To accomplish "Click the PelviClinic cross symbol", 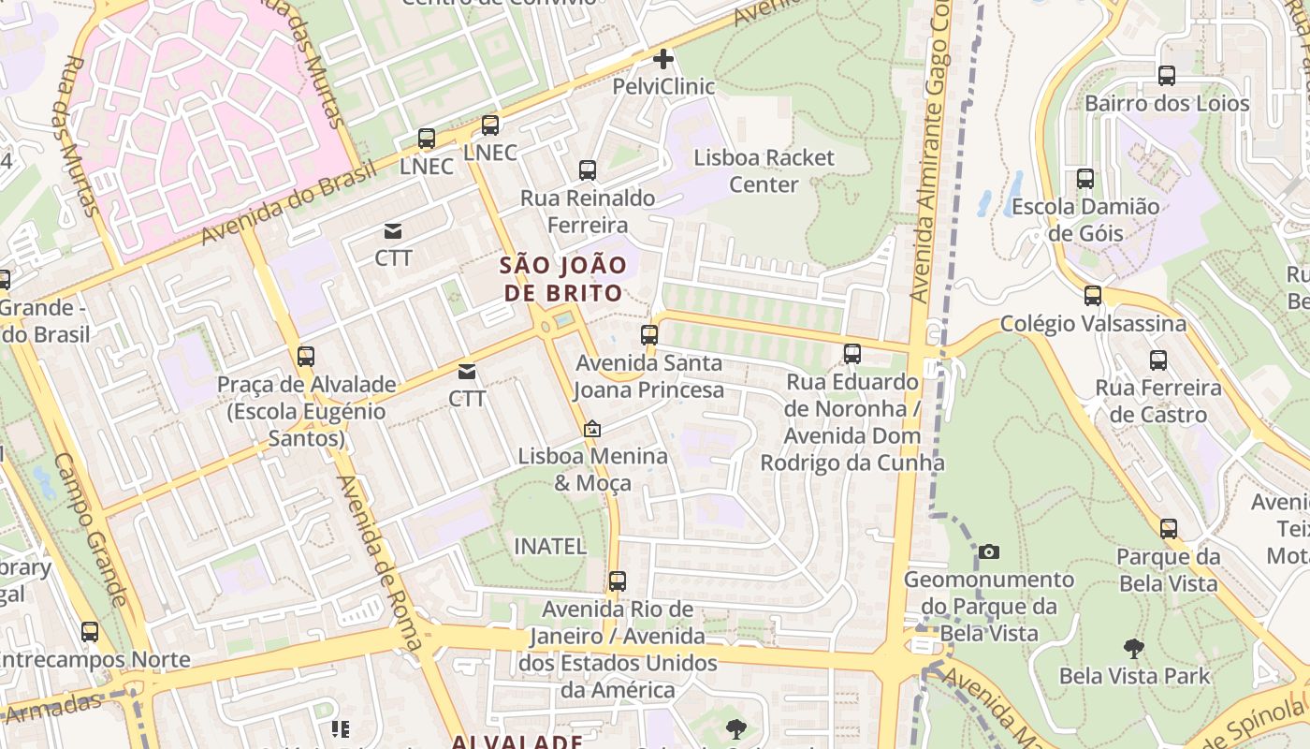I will tap(662, 60).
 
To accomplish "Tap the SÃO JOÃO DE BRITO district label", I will tap(562, 279).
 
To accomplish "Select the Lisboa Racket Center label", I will tap(764, 170).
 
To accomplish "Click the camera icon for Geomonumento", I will tap(989, 551).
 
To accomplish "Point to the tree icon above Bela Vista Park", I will tap(1134, 648).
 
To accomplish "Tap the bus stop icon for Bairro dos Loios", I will tap(1167, 76).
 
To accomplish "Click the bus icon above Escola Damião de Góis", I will tap(1085, 178).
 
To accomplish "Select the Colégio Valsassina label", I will tap(1093, 324).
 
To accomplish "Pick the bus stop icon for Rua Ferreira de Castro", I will tap(1158, 360).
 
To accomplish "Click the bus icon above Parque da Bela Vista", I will tap(1169, 528).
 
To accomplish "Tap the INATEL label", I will tap(550, 546).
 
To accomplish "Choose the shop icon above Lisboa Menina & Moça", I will tap(591, 430).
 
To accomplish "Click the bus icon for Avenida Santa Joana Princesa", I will tap(649, 334).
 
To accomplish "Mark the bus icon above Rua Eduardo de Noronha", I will tap(852, 354).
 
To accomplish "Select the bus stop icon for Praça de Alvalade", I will tap(306, 356).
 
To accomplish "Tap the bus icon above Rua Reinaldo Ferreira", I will tap(588, 170).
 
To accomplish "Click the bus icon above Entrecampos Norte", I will tap(90, 632).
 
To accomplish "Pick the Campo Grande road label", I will tap(91, 530).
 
